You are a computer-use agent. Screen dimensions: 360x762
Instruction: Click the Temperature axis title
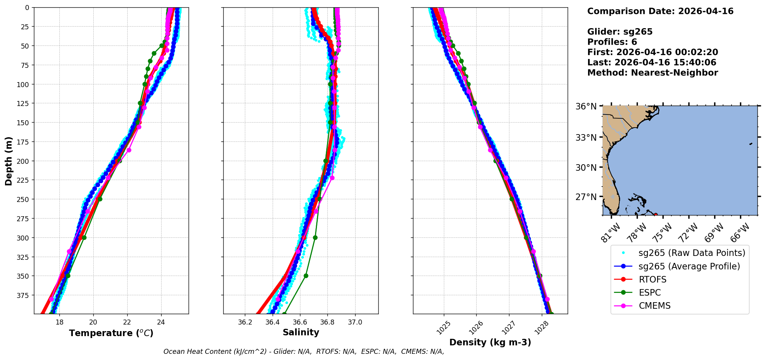coord(111,333)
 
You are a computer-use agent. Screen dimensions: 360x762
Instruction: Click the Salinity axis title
coord(301,332)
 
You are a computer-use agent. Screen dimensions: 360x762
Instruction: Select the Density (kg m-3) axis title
coord(490,342)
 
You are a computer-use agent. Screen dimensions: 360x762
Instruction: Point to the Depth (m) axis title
coord(8,161)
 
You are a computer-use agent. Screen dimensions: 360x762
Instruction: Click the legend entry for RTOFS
coord(652,279)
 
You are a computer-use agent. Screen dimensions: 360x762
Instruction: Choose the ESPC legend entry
coord(649,293)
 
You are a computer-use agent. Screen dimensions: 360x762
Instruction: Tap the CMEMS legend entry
coord(654,306)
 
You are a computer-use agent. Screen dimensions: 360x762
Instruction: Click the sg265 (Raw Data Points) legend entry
coord(691,253)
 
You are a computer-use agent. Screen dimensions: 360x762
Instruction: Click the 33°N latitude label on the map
coord(586,138)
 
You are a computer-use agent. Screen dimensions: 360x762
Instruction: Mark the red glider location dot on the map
coord(656,215)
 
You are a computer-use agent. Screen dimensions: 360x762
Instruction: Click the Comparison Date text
coord(660,11)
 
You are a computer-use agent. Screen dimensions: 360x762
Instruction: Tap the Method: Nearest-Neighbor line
coord(652,73)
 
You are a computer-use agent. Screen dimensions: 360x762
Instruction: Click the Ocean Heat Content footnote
coord(303,352)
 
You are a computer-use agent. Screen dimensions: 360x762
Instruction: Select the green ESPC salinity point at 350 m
coord(306,276)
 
